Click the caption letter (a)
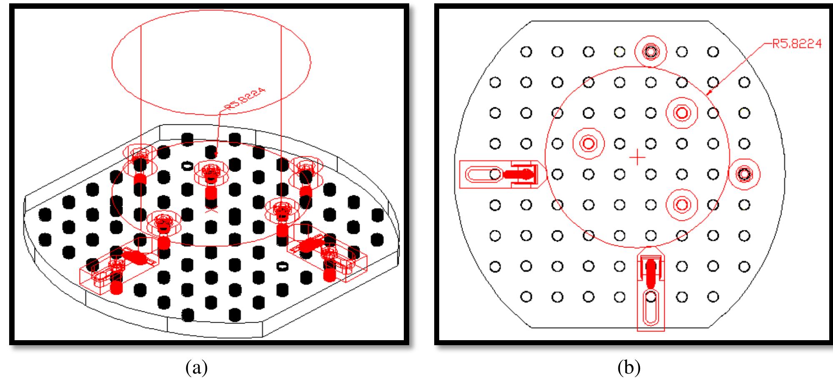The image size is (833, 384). point(197,368)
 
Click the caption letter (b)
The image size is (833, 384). point(629,368)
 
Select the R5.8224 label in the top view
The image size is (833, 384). point(797,44)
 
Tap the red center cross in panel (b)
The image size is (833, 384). point(637,158)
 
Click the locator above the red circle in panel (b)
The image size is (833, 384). point(650,52)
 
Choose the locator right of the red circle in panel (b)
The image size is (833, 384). point(744,174)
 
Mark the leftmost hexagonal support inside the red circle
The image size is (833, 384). point(588,144)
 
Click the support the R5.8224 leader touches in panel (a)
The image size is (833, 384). point(210,171)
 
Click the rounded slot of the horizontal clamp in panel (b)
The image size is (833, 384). point(479,174)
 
